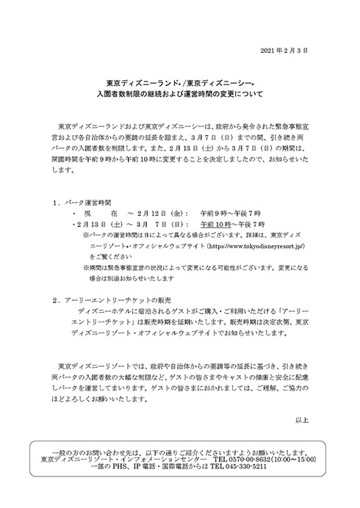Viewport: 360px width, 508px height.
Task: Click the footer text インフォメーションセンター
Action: pyautogui.click(x=164, y=460)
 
